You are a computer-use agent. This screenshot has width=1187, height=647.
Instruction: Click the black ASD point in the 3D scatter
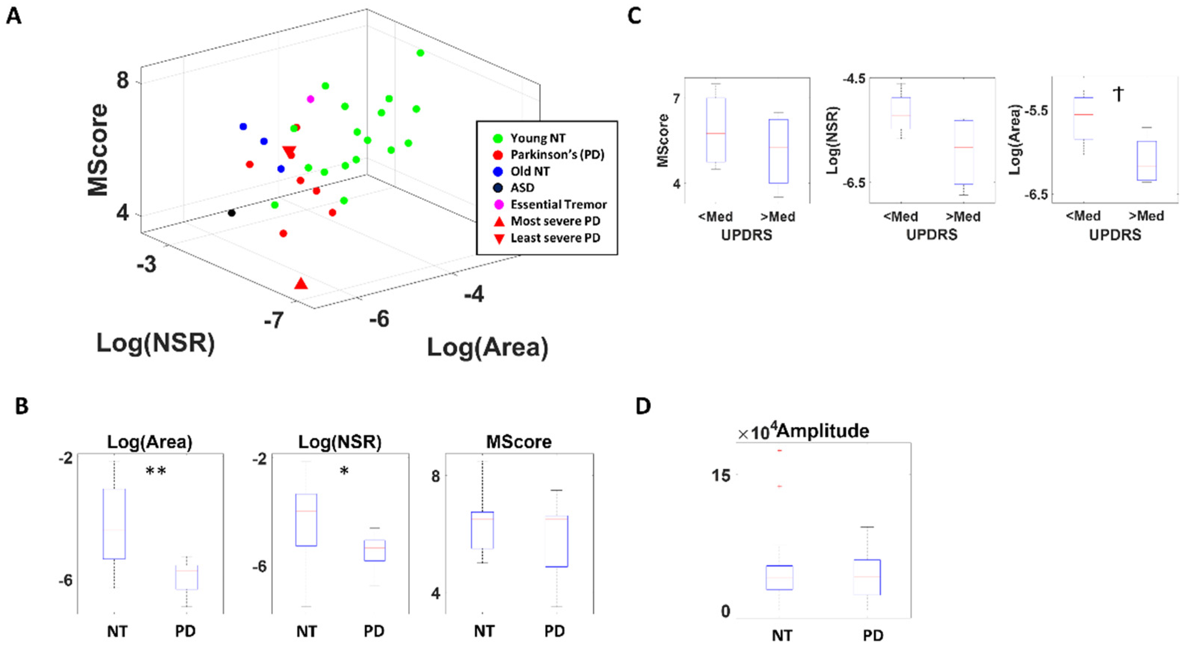pyautogui.click(x=232, y=213)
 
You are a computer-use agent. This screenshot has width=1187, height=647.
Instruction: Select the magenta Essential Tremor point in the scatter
pyautogui.click(x=311, y=99)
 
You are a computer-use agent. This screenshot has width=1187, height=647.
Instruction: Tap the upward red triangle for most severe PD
pyautogui.click(x=301, y=284)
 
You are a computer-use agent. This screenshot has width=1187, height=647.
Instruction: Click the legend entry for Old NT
pyautogui.click(x=530, y=172)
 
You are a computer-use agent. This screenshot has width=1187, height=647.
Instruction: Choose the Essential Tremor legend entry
pyautogui.click(x=558, y=204)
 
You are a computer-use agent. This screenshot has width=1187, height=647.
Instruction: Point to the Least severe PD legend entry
pyautogui.click(x=555, y=238)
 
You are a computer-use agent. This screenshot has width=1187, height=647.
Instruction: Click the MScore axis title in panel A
pyautogui.click(x=98, y=150)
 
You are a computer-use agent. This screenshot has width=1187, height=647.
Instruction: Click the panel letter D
pyautogui.click(x=643, y=406)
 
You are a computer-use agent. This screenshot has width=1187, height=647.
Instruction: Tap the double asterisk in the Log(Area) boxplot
pyautogui.click(x=156, y=471)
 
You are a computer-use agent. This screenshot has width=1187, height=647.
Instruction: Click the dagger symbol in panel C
pyautogui.click(x=1118, y=95)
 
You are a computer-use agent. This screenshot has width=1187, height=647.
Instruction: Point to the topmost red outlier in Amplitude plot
pyautogui.click(x=779, y=450)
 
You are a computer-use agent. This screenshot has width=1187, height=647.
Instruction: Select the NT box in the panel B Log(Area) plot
pyautogui.click(x=114, y=523)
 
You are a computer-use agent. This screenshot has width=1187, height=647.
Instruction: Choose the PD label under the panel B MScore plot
pyautogui.click(x=554, y=631)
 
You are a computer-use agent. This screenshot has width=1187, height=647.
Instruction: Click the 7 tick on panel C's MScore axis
pyautogui.click(x=676, y=99)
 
